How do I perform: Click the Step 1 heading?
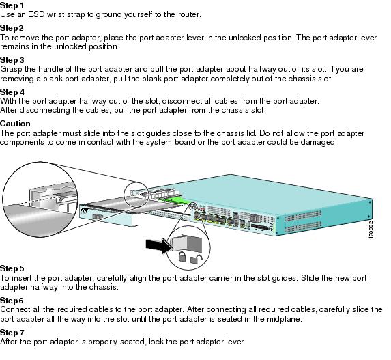tap(12, 5)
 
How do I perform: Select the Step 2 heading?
tap(12, 28)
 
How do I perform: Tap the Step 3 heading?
tap(12, 60)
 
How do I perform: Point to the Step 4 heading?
tap(12, 92)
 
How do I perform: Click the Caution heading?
tap(15, 124)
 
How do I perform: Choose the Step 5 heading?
tap(12, 268)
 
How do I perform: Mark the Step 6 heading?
tap(12, 300)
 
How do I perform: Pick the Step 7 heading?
tap(12, 331)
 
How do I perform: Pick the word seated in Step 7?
tap(134, 341)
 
